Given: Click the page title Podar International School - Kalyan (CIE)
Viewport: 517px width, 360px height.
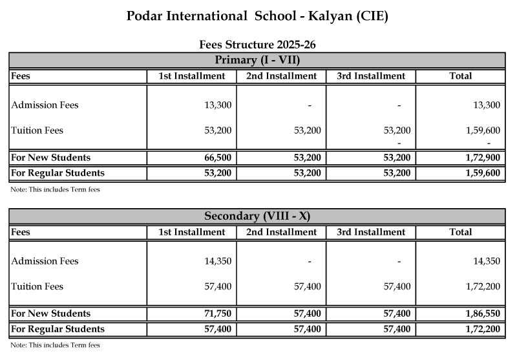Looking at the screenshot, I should coord(258,16).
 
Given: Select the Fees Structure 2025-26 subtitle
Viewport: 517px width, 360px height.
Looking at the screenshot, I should coord(258,45).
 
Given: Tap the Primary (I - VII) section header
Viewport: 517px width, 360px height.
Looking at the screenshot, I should coord(258,61).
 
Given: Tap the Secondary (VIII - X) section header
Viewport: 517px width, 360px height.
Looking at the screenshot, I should coord(258,217).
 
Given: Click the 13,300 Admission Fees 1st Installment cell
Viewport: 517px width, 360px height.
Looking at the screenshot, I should coord(218,105).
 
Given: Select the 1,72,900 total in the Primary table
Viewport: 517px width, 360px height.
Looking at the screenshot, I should coord(482,158).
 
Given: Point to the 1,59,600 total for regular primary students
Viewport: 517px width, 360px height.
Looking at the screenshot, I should coord(482,173).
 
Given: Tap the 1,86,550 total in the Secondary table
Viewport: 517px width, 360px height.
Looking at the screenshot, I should coord(482,313).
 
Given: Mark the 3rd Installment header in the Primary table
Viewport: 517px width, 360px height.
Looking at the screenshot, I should coord(371,76).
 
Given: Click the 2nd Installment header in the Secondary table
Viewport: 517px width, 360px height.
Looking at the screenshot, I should coord(281,232).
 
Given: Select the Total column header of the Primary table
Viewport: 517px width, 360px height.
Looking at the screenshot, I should coord(460,76).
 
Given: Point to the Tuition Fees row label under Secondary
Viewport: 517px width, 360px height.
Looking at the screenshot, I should coord(37,286).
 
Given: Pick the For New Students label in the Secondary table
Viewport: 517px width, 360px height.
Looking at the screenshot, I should coord(50,313).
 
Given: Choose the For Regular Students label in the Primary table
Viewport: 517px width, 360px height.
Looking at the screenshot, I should coord(58,173).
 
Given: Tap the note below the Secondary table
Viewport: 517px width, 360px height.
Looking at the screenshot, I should coord(55,345).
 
